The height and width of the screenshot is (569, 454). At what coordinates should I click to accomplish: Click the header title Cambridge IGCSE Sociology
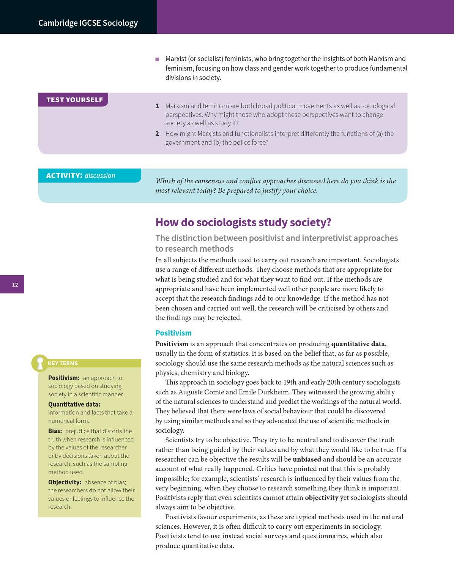pos(88,23)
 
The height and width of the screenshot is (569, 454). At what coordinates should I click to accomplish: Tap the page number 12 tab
pos(15,285)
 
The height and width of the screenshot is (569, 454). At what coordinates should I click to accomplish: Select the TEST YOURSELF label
pos(74,100)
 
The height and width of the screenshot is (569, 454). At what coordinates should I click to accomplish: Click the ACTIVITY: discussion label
pos(80,176)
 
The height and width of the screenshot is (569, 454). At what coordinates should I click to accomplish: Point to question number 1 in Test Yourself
pos(157,106)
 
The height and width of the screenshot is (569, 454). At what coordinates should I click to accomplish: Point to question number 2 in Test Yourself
pos(157,134)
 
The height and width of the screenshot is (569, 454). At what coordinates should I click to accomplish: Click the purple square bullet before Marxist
pos(157,59)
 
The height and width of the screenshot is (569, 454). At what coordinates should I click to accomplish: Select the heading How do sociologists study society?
pos(243,222)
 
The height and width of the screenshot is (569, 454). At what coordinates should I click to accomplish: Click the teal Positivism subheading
pos(173,333)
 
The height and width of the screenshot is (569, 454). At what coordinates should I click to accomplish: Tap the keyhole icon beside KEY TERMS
pos(39,363)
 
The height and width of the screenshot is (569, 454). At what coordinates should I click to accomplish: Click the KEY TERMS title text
pos(63,363)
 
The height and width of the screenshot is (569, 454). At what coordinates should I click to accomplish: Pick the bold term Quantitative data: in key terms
pos(74,404)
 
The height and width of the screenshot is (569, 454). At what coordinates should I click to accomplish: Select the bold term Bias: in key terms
pos(55,431)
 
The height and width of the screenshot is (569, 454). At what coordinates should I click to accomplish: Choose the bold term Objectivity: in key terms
pos(65,482)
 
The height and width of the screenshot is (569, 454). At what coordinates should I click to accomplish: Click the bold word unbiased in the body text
pos(307,459)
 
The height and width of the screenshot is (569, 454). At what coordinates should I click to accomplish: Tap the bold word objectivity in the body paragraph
pos(321,498)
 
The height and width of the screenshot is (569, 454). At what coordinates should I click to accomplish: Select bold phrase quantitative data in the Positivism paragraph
pos(358,344)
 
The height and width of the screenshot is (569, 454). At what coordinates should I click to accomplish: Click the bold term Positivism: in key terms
pos(64,378)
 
